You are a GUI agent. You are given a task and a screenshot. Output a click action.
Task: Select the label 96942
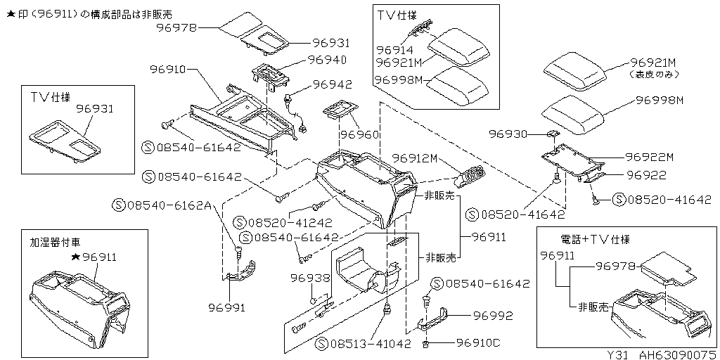tap(332, 84)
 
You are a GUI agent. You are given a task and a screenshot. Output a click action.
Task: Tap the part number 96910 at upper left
tap(167, 70)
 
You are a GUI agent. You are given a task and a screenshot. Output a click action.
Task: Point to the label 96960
tap(360, 134)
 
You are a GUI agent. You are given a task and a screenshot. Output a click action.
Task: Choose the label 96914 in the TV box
tap(394, 51)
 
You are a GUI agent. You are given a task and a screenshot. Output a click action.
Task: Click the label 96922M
tap(649, 157)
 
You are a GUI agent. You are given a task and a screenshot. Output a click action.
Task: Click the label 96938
tap(309, 278)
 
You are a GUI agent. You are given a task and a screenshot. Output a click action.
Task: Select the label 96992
tap(492, 316)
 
